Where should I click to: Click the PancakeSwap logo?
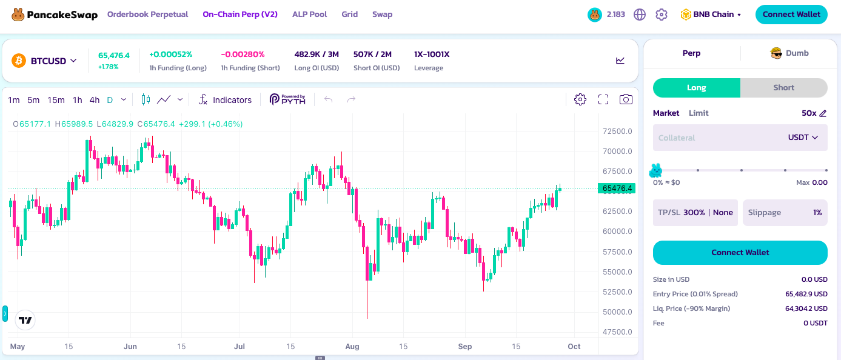tap(55, 15)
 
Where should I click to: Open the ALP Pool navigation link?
tap(309, 15)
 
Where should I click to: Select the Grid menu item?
tap(349, 15)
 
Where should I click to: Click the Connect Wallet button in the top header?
tap(791, 15)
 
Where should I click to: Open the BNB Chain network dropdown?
tap(711, 15)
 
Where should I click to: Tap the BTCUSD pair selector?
tap(45, 61)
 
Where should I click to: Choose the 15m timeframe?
tap(56, 100)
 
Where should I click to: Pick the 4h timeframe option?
tap(94, 100)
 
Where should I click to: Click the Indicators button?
tap(225, 100)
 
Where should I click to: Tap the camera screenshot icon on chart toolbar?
tap(626, 99)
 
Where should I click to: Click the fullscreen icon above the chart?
tap(603, 99)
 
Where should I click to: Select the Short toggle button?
tap(783, 87)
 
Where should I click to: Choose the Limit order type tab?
tap(699, 113)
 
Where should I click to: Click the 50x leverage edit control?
tap(814, 113)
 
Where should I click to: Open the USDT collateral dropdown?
tap(803, 138)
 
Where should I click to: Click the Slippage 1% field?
tap(785, 213)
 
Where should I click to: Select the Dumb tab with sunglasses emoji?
tap(789, 53)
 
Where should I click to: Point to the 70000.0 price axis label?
tap(617, 152)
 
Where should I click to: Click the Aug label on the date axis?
tap(352, 346)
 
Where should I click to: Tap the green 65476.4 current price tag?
tap(617, 188)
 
